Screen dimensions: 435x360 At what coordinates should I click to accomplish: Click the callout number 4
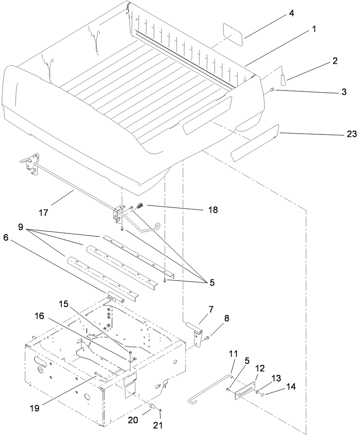tap(291, 13)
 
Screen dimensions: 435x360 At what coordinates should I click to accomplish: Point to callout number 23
tap(351, 134)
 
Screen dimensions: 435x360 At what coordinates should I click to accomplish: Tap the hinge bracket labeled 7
tap(196, 331)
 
